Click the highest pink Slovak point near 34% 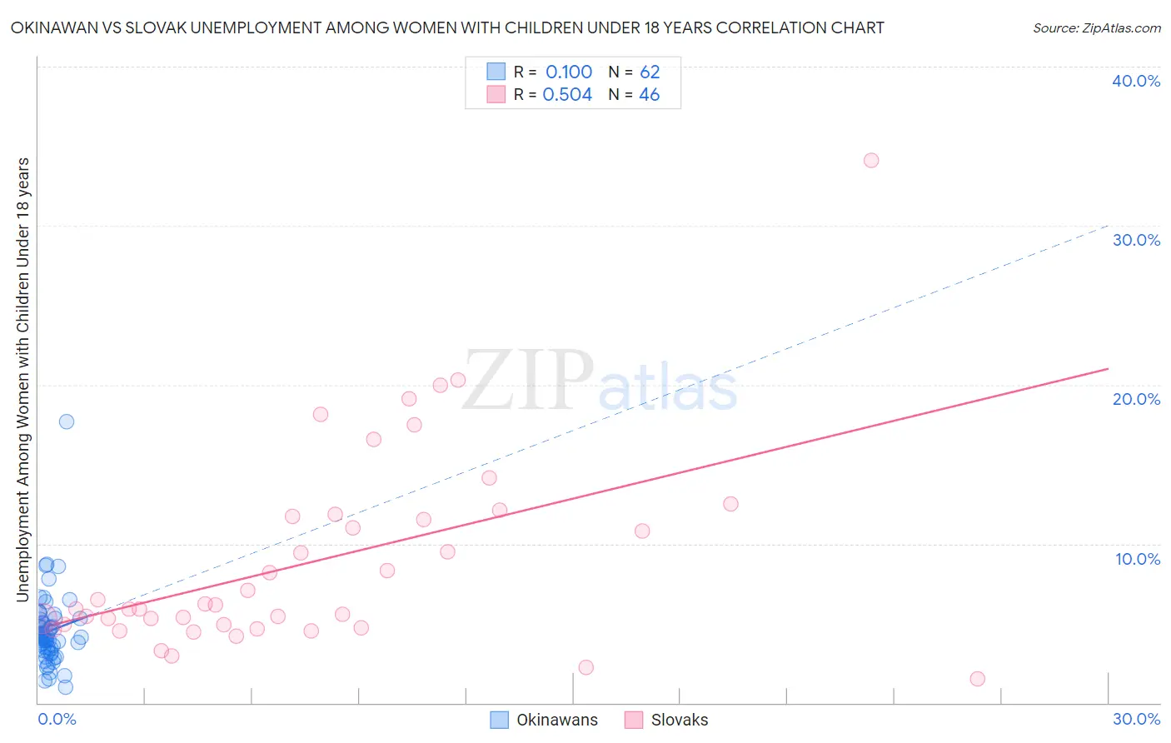coord(871,160)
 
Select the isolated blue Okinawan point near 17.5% coord(67,421)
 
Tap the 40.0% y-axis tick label coord(1136,81)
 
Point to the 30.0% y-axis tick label coord(1136,240)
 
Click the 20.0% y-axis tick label coord(1136,399)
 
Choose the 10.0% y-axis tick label coord(1138,559)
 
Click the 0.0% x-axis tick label coord(57,719)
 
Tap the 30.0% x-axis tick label coord(1136,719)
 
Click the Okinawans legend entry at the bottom coord(556,721)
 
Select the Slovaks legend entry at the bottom coord(679,721)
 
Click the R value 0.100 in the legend coord(569,72)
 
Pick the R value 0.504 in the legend coord(567,95)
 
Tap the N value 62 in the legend coord(650,72)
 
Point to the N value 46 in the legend coord(650,95)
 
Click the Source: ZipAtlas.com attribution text coord(1096,28)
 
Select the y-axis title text coord(23,379)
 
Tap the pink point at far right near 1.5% coord(978,679)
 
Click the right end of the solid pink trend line coord(1108,368)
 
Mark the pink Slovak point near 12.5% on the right coord(730,504)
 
